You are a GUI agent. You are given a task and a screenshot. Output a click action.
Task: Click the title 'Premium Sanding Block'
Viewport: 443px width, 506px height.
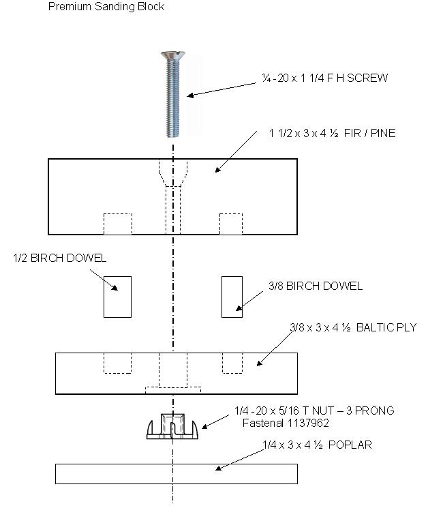coord(106,7)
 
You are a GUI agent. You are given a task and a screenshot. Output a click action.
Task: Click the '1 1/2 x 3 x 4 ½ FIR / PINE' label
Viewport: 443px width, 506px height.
coord(332,133)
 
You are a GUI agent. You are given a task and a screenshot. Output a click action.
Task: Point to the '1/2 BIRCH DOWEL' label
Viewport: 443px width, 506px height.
coord(59,258)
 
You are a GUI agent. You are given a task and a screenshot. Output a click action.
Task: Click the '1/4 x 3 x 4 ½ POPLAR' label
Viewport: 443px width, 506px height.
coord(317,445)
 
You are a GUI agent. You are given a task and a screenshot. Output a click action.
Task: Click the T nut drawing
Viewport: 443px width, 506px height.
coord(173,427)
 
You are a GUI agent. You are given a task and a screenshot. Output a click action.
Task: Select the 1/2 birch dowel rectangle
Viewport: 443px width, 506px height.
coord(117,297)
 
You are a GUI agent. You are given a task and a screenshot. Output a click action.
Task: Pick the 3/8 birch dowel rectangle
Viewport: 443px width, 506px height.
coord(232,297)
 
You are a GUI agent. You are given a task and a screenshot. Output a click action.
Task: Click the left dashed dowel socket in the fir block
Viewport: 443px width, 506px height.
coord(117,224)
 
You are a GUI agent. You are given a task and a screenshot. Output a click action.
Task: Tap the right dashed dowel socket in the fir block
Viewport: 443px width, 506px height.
coord(230,224)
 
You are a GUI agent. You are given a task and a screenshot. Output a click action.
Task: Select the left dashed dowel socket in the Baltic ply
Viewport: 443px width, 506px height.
coord(117,363)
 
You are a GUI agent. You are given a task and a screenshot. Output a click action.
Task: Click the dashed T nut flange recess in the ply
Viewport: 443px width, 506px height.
coord(173,390)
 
